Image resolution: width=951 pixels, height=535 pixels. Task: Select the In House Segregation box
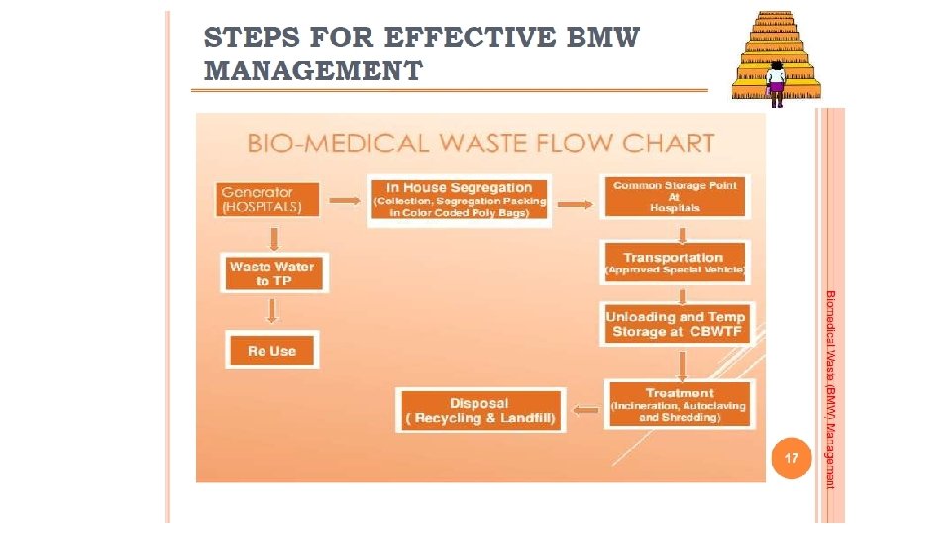coord(459,201)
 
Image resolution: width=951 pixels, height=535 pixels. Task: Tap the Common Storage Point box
coord(675,197)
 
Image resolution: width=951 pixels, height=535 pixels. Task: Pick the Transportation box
coord(675,263)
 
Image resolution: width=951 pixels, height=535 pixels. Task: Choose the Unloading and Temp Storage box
coord(677,324)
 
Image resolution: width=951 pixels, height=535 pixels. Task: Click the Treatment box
coord(679,405)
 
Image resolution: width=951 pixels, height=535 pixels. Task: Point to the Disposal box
coord(479,411)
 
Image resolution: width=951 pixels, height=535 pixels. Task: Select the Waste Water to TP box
coord(271,273)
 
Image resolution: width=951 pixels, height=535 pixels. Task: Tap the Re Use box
coord(271,351)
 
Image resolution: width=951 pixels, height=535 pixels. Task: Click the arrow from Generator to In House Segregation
coord(344,201)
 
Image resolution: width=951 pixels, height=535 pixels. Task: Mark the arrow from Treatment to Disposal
coord(586,408)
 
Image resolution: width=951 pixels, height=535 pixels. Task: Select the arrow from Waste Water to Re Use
coord(273,311)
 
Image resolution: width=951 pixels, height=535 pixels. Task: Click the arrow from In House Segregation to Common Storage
coord(576,205)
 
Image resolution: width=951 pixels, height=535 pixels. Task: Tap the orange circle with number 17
coord(791,458)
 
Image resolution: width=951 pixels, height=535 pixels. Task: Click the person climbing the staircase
coord(776,83)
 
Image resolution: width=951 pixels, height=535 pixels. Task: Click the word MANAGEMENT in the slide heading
coord(313,71)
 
